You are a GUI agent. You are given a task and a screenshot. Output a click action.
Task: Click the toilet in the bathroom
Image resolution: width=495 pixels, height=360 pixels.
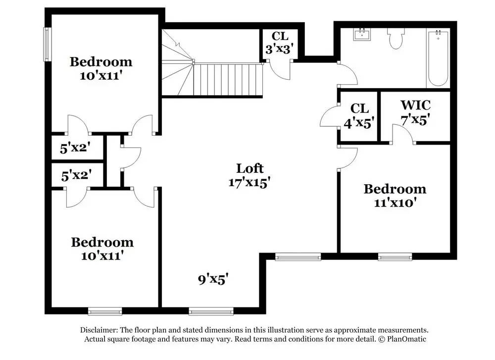396,38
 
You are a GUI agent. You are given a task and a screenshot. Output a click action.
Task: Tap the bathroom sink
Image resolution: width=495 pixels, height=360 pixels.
362,34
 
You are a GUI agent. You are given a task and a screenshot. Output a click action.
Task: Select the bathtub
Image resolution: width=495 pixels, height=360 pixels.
438,58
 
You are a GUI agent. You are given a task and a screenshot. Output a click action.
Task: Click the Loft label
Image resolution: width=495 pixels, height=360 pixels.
249,168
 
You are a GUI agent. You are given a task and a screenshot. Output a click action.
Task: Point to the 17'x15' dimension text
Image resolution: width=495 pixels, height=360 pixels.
249,182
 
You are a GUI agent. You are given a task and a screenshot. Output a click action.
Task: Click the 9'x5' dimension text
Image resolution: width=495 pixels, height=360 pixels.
213,279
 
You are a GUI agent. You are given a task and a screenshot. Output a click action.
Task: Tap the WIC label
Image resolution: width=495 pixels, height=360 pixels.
415,105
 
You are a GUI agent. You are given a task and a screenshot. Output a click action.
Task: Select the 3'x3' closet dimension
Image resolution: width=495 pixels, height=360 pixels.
280,49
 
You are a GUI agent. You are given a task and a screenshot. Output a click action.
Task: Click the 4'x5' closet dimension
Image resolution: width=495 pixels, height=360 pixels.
359,122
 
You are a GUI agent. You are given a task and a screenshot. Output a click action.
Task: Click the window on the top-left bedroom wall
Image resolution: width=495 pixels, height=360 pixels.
47,44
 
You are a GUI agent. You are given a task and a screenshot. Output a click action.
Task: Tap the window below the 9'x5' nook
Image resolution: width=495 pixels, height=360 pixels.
211,311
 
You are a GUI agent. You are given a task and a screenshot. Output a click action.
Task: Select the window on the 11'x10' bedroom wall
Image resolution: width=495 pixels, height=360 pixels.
395,257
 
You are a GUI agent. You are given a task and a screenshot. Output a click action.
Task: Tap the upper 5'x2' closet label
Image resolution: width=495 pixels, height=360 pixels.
75,148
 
